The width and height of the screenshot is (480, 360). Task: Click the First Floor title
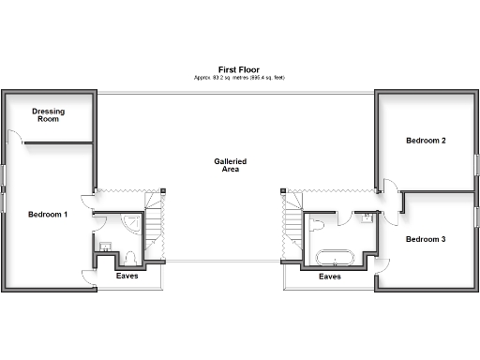click(238, 69)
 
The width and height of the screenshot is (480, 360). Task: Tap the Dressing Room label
click(47, 115)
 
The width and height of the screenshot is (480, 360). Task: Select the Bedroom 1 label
click(47, 215)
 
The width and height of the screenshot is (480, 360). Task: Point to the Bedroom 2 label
click(425, 141)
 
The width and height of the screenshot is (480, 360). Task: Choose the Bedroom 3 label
click(425, 239)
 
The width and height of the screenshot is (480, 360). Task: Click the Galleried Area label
click(230, 165)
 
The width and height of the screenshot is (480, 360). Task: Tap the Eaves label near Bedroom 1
click(127, 277)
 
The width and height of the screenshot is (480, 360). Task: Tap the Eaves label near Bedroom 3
click(329, 277)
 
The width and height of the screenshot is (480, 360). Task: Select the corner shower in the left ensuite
click(133, 224)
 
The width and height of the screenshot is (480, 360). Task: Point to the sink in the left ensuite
click(105, 247)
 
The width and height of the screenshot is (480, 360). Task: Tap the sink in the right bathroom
click(367, 218)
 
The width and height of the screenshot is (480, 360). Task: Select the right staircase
click(293, 225)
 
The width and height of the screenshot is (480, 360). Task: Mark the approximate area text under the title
click(238, 78)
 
